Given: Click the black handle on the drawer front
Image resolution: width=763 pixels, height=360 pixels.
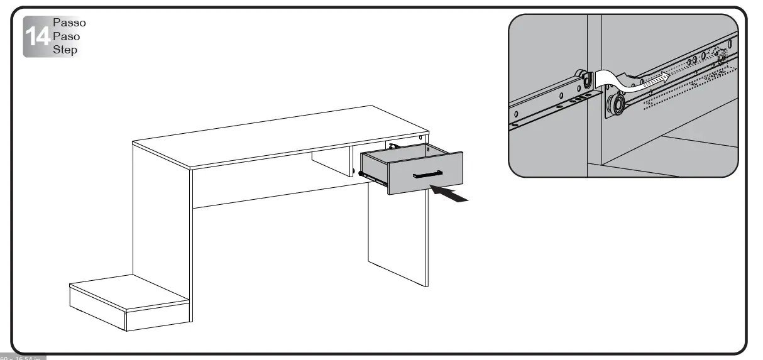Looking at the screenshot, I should (x=428, y=174).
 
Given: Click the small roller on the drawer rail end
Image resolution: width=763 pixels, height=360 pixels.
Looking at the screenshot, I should (x=586, y=80).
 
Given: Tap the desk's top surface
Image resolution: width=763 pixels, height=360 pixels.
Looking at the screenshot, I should (x=277, y=141).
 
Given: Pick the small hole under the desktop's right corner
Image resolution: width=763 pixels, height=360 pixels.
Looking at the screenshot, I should (x=420, y=137).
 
